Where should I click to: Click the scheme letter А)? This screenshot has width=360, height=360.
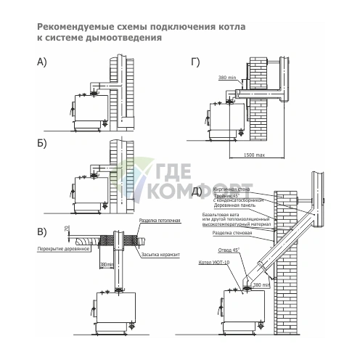pyautogui.click(x=41, y=62)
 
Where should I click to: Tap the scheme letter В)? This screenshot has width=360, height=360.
pyautogui.click(x=41, y=232)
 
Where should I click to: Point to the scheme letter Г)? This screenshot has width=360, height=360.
pyautogui.click(x=195, y=62)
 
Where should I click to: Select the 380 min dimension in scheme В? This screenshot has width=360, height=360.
pyautogui.click(x=106, y=265)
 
